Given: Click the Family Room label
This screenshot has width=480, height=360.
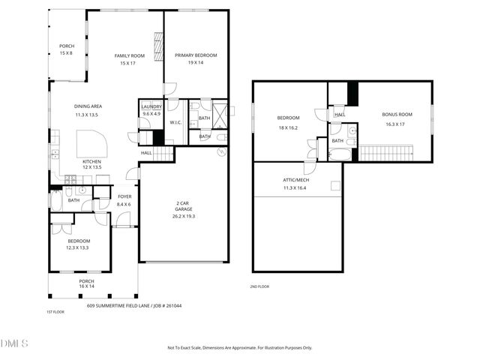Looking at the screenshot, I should [129, 56].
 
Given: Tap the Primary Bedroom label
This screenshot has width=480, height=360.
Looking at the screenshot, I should [196, 55].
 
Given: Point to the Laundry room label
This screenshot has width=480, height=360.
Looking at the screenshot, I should [151, 107].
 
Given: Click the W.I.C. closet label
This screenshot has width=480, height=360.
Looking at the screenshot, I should [175, 122].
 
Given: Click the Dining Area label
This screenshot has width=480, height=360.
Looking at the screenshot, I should [88, 106].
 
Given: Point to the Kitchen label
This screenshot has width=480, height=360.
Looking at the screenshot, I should [91, 161].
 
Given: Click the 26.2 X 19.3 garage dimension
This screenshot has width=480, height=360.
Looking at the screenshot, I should [184, 216].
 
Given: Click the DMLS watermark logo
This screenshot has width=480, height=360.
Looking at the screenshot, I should [15, 343].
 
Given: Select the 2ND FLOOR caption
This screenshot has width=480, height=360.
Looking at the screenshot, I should [259, 286].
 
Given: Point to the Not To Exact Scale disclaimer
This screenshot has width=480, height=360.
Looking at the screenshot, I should [239, 347].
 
